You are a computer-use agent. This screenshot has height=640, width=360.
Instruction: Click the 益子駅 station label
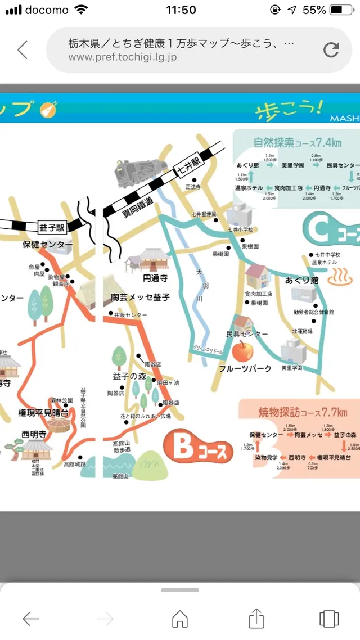[x=52, y=227]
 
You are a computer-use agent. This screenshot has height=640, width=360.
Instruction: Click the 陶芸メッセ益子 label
[x=140, y=297]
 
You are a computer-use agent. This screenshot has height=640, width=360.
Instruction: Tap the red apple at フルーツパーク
[x=242, y=351]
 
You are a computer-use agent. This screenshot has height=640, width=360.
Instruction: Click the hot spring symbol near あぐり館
[x=339, y=276]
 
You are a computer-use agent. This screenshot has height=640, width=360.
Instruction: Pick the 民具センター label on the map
[x=247, y=334]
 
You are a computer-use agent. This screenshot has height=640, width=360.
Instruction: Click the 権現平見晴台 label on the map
[x=43, y=413]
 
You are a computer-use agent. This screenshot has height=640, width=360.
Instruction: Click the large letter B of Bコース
[x=183, y=448]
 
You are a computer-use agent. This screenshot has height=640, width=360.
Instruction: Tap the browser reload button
[x=331, y=50]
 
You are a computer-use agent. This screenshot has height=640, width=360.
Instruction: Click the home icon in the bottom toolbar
[x=180, y=619]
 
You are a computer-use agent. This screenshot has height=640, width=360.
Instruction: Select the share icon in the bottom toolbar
[x=256, y=619]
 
